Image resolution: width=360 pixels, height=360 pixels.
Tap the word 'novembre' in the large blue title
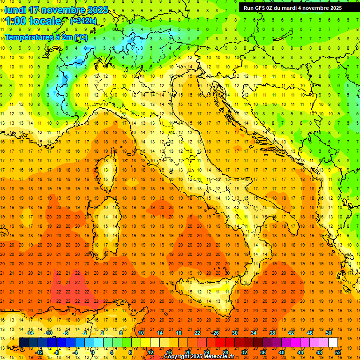click(x=62, y=10)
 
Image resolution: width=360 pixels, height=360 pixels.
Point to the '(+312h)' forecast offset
click(x=83, y=21)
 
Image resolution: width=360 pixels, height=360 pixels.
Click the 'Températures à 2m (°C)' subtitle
click(x=46, y=37)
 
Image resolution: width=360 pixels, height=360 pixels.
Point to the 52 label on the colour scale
click(x=337, y=352)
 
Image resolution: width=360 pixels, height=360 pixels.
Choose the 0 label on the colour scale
click(x=93, y=352)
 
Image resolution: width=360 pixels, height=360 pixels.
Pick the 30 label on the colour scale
click(x=234, y=333)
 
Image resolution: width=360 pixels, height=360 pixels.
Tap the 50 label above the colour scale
click(x=328, y=333)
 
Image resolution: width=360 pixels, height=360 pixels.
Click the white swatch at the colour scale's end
click(x=333, y=342)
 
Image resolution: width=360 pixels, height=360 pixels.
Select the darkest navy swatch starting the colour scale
click(x=23, y=342)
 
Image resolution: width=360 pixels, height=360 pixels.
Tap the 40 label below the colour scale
click(x=281, y=352)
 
